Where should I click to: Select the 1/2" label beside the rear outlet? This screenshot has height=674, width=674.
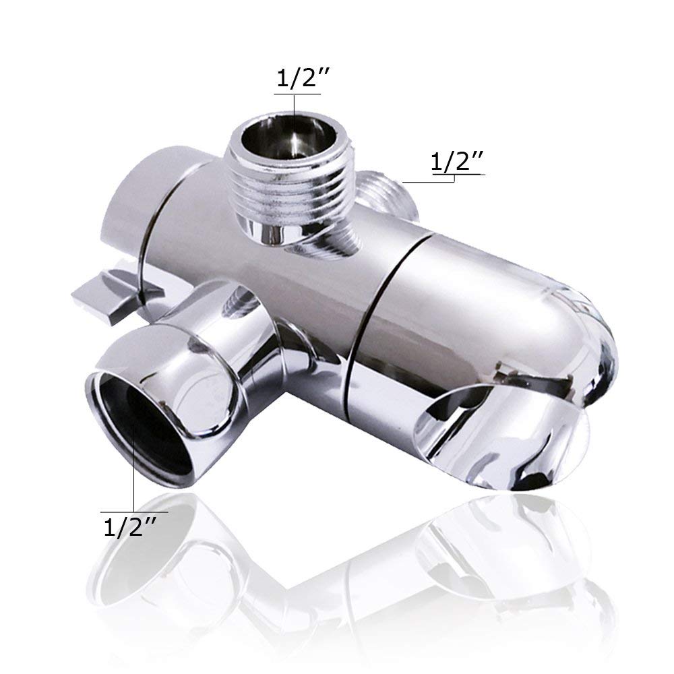coord(457,162)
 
